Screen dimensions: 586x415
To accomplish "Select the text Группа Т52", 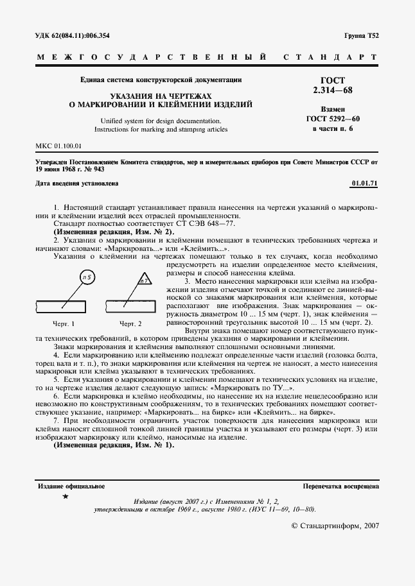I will pyautogui.click(x=362, y=36).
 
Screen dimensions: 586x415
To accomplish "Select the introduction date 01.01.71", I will pyautogui.click(x=365, y=184).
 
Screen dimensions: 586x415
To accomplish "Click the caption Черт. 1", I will pyautogui.click(x=64, y=323).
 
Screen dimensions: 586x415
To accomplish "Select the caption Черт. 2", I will pyautogui.click(x=130, y=323).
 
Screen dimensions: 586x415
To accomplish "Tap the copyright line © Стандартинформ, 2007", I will pyautogui.click(x=335, y=525).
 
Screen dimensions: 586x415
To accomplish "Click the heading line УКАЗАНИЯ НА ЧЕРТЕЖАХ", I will pyautogui.click(x=161, y=94).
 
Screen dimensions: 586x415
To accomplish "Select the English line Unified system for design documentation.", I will pyautogui.click(x=161, y=120).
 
